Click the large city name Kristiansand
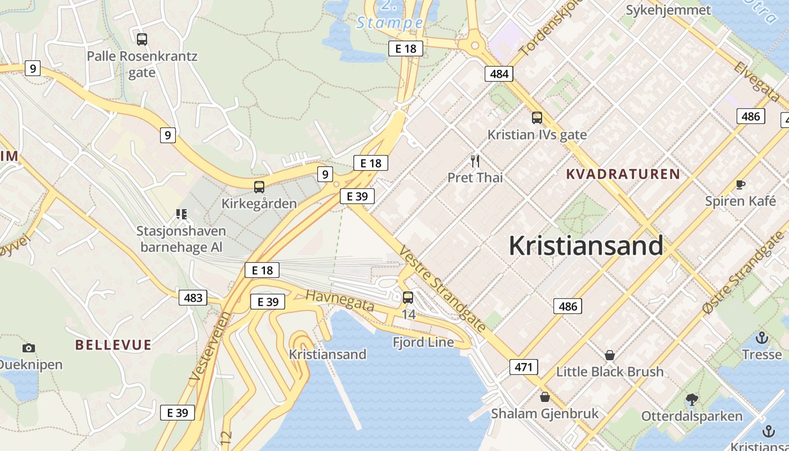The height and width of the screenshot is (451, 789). coord(586,246)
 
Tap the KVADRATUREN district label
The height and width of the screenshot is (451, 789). coord(623,174)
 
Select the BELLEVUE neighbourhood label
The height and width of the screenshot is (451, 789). coord(113,345)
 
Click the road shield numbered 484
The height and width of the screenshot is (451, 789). coord(499,73)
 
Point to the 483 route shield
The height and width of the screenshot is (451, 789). coord(193,297)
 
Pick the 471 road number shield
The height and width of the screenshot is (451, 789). coord(524,367)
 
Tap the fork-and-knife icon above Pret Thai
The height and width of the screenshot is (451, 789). coord(475,162)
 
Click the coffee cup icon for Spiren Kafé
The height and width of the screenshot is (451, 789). coord(741,185)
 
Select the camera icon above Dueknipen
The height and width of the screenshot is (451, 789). coord(28,348)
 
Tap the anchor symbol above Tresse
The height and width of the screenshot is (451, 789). coord(762,338)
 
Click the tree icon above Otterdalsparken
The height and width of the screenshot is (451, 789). coord(692,400)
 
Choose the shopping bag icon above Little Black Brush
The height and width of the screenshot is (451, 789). coord(609,355)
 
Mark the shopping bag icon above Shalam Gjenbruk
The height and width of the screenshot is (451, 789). coord(544,397)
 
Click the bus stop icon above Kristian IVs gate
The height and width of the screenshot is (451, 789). coord(537,118)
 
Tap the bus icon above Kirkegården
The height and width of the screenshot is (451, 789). coord(259,187)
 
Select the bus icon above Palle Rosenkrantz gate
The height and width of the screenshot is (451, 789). coord(142,39)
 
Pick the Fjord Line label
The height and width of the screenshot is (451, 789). coord(423,342)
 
